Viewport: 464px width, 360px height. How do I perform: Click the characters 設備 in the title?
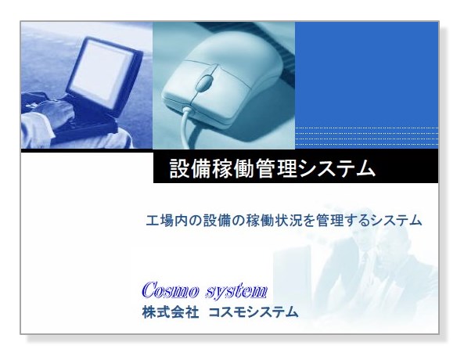[186, 169]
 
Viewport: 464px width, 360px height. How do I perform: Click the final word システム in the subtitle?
[395, 221]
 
